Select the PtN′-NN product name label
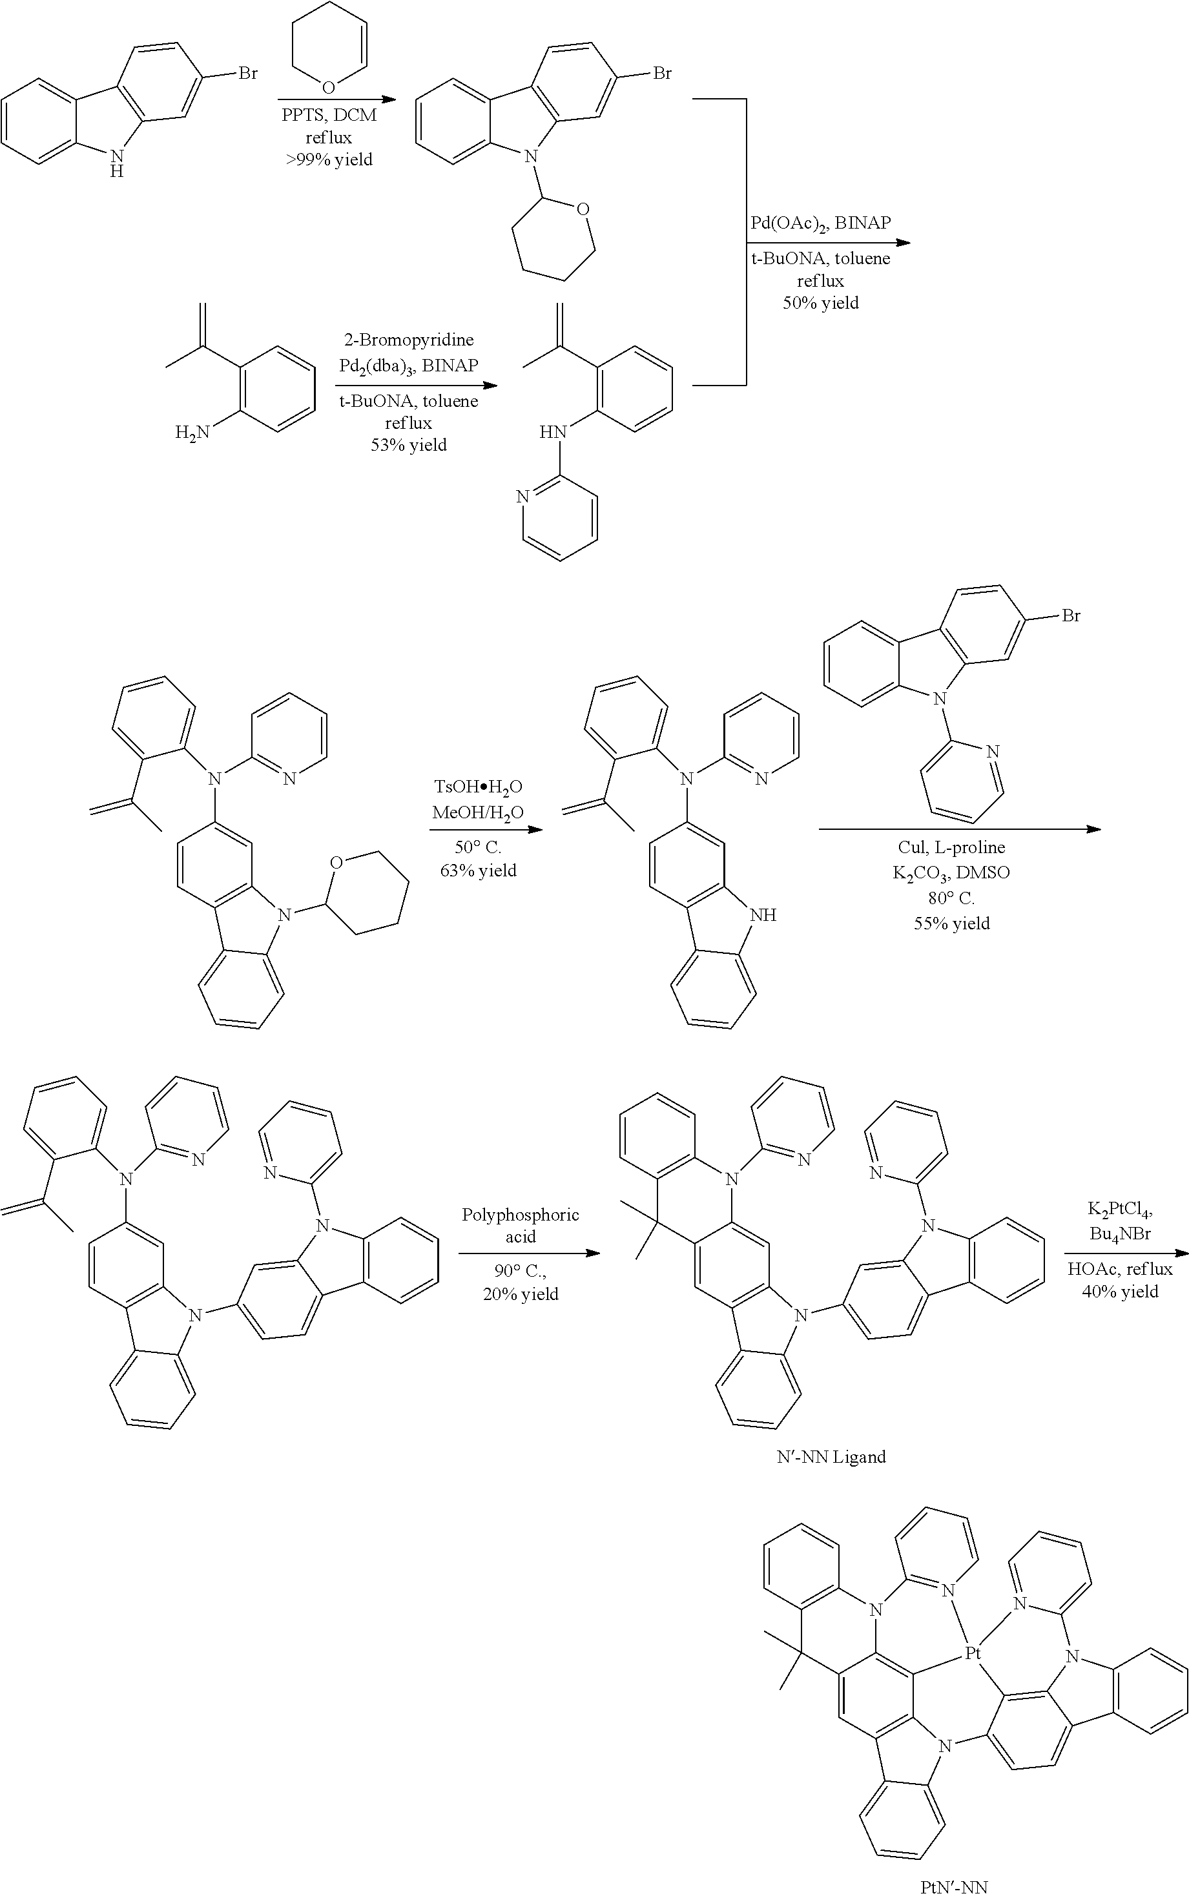[x=954, y=1886]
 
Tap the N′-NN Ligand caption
[x=831, y=1457]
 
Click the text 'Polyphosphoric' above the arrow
[x=521, y=1215]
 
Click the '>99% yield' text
[x=329, y=160]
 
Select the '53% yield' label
[x=409, y=445]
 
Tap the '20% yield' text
[x=521, y=1294]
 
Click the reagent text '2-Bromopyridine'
[x=409, y=340]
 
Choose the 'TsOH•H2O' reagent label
[x=478, y=787]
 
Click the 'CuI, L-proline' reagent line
[x=951, y=847]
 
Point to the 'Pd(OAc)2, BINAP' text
[x=820, y=223]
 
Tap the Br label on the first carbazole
[x=248, y=73]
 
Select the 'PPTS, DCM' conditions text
[x=329, y=116]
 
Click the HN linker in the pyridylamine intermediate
[x=553, y=431]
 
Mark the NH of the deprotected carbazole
[x=763, y=914]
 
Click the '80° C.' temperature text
[x=951, y=898]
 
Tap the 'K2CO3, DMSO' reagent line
[x=951, y=872]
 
